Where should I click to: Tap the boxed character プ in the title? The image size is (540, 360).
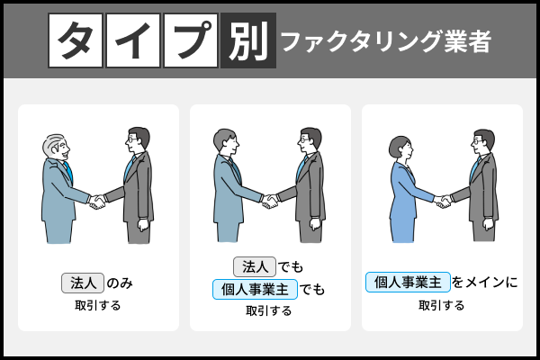(x=191, y=40)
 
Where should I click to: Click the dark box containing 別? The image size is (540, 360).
(x=247, y=40)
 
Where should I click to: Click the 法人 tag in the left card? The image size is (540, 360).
(x=83, y=283)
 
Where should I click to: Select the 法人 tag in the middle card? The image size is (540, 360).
(x=255, y=267)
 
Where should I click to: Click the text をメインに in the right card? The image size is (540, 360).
(x=485, y=283)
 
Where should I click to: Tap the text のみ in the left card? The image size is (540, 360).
(x=121, y=283)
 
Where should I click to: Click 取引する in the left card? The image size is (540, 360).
(x=98, y=305)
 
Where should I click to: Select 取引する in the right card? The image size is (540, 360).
(x=442, y=305)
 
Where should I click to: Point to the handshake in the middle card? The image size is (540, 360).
(x=269, y=201)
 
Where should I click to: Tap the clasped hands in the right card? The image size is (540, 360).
(x=442, y=200)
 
